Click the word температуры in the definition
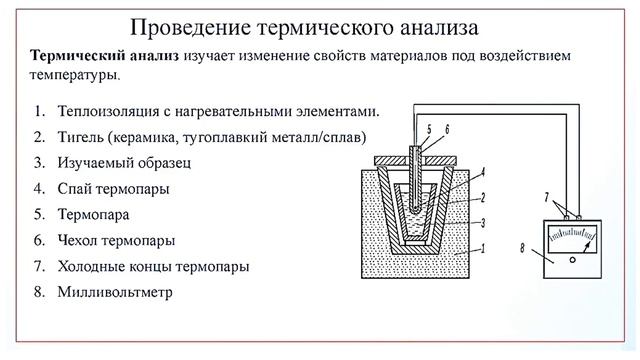73,74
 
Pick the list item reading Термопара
94,213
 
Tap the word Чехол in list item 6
80,240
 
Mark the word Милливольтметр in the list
116,293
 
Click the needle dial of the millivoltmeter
571,239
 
